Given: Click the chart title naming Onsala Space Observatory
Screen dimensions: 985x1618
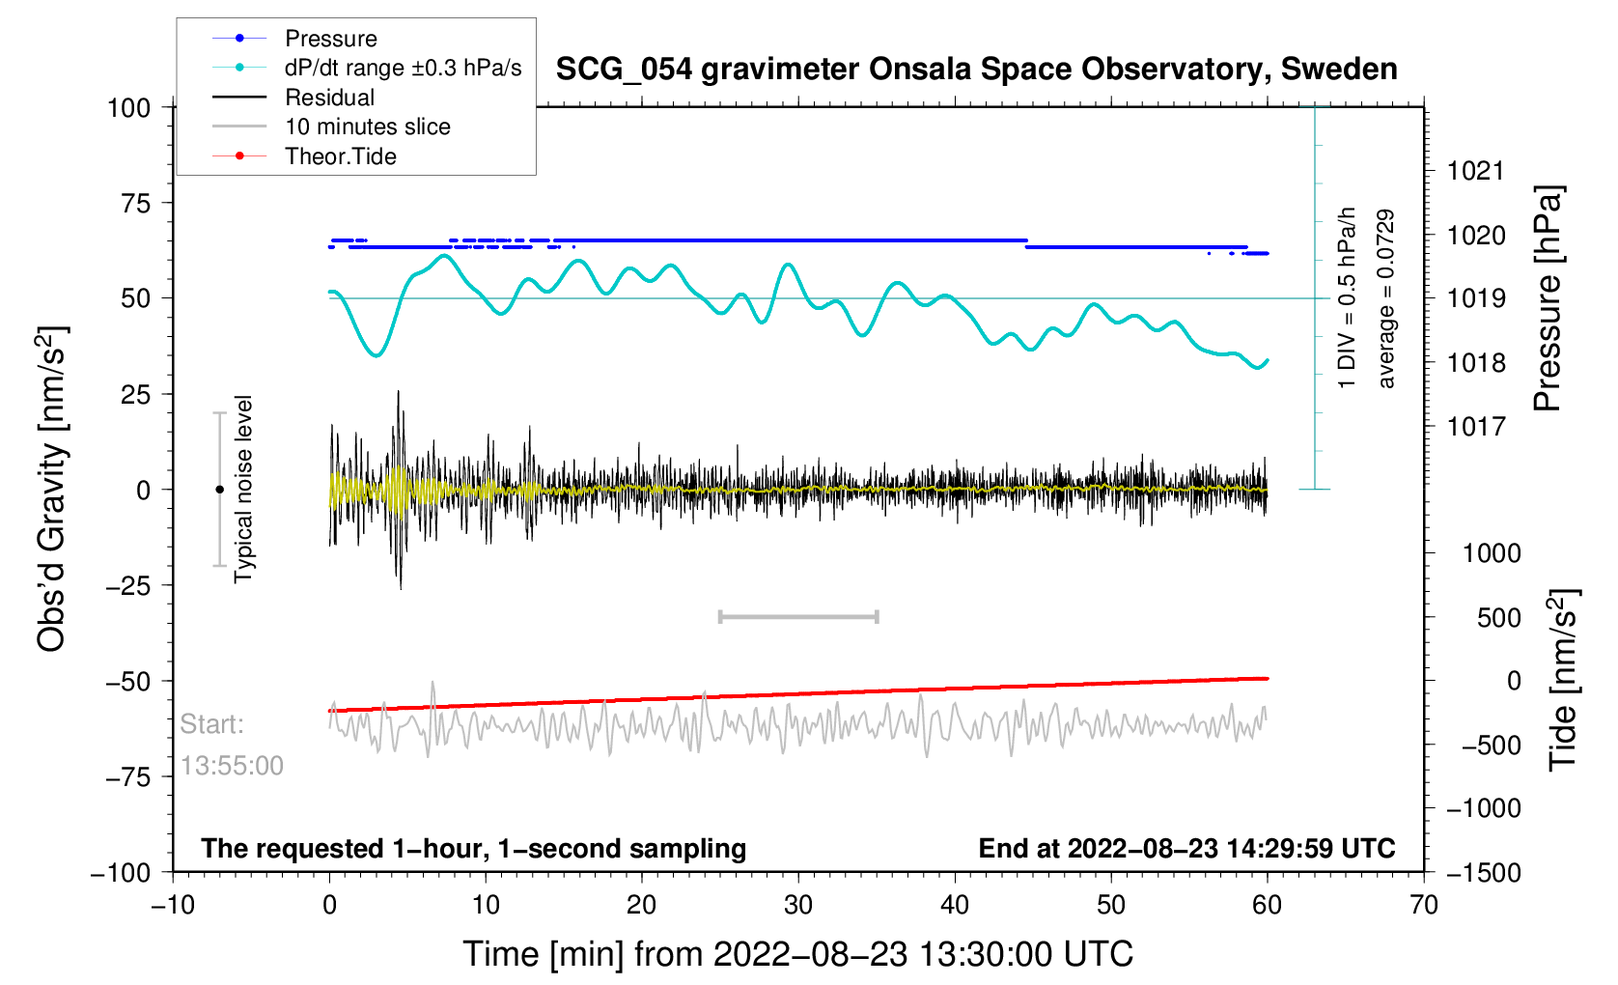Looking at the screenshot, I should point(976,70).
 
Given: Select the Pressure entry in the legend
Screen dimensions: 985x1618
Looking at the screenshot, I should point(330,39).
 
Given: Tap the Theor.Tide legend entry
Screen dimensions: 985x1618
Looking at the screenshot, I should point(340,156).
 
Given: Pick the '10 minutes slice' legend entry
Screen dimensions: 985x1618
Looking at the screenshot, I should point(367,127).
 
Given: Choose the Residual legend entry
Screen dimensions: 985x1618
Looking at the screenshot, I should point(329,98).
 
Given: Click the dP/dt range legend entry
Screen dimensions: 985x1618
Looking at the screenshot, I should point(403,68).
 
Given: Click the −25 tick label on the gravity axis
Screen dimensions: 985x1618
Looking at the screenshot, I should point(128,585).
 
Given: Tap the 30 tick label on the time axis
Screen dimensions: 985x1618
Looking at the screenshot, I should point(798,905).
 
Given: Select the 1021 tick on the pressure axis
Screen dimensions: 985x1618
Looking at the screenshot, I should point(1475,171).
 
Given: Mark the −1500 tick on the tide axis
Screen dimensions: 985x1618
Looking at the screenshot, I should point(1483,872).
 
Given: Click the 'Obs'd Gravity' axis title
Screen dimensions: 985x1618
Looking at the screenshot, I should point(51,490).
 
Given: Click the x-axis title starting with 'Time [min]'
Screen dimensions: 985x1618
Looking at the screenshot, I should point(797,954).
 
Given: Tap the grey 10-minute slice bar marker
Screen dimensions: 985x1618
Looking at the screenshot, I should point(798,617).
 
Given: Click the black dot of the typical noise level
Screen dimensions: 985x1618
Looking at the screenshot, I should point(219,490).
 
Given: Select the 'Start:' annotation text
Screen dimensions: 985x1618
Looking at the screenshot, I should point(212,724).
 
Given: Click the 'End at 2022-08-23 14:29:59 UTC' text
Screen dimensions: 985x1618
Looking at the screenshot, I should point(1186,849).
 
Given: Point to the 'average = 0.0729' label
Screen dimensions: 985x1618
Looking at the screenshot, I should point(1386,298).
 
